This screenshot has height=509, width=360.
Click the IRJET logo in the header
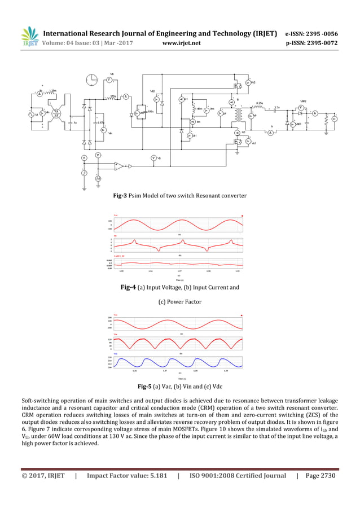(x=29, y=37)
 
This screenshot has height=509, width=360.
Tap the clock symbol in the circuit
(x=92, y=81)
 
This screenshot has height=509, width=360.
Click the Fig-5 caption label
(x=147, y=387)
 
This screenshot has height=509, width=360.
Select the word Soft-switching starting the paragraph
(x=39, y=400)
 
